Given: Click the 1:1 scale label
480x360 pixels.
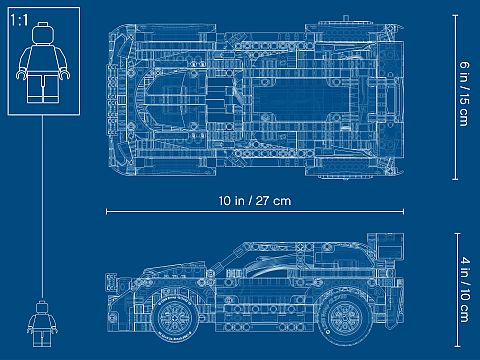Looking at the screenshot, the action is tap(19, 20).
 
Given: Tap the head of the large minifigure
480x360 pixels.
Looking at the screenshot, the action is tap(42, 33).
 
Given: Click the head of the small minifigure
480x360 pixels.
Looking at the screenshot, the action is tap(42, 307).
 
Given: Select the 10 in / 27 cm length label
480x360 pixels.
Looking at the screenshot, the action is tap(255, 201).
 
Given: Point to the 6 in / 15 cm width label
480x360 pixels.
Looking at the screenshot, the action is tap(464, 94).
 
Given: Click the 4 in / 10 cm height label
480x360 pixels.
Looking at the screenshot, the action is tap(464, 289).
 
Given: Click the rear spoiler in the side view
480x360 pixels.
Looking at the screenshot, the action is tap(386, 247).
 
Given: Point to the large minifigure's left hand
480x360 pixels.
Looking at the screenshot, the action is tap(65, 74).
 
